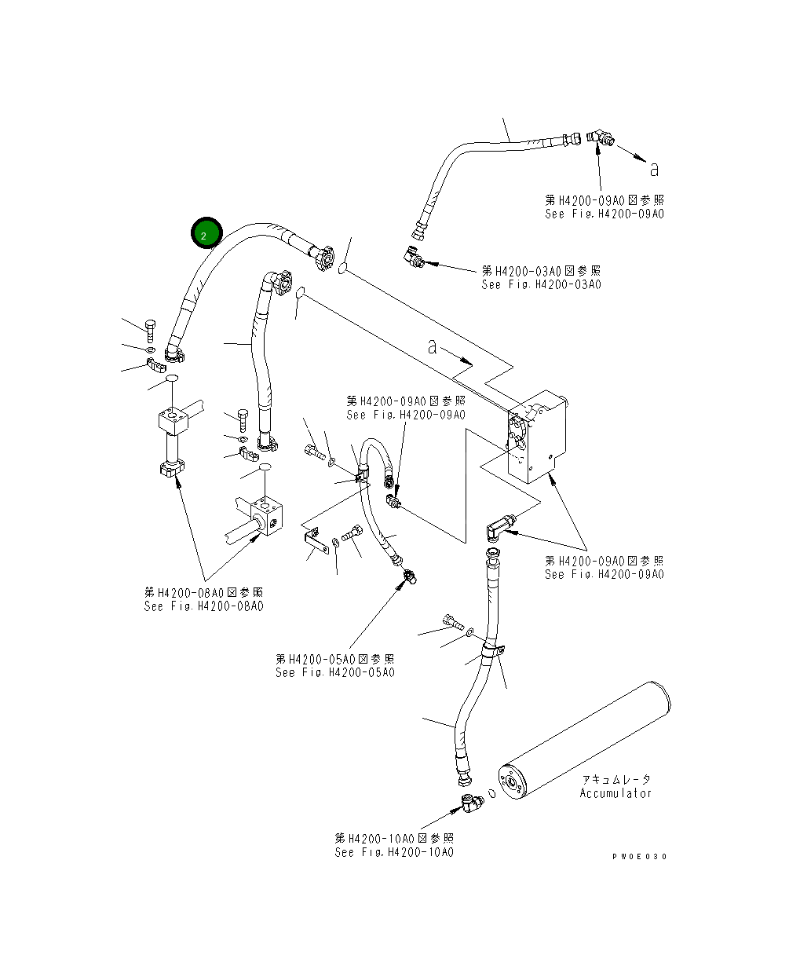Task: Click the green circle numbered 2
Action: pos(206,234)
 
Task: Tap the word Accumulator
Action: pos(615,793)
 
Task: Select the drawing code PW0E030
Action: pos(639,856)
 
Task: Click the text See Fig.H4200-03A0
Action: pos(541,284)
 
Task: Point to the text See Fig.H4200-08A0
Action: pos(203,606)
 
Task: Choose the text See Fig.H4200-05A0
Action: pos(334,672)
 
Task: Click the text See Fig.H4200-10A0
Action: pos(393,852)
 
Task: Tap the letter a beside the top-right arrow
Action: pos(654,168)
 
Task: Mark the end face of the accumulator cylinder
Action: pos(514,783)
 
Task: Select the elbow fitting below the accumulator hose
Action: pos(472,803)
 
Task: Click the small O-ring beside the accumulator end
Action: pos(490,793)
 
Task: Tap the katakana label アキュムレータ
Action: pos(616,780)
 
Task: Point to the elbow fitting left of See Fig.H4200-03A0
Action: pos(414,257)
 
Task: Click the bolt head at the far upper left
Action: pos(152,324)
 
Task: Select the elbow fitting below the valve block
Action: pos(499,528)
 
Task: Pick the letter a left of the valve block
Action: pos(432,346)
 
